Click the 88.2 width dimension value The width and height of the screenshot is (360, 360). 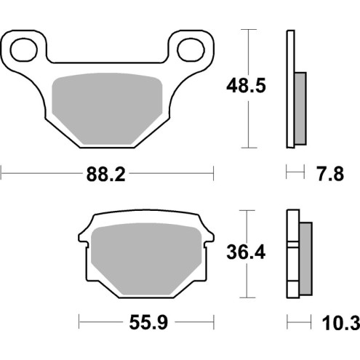click(107, 174)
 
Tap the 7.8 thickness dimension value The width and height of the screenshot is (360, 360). click(328, 174)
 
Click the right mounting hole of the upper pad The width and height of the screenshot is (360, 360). click(193, 49)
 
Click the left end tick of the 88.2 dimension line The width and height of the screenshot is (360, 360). click(1, 174)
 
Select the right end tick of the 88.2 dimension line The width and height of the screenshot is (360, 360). click(213, 174)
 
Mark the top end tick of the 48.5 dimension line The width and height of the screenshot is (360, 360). click(249, 30)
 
